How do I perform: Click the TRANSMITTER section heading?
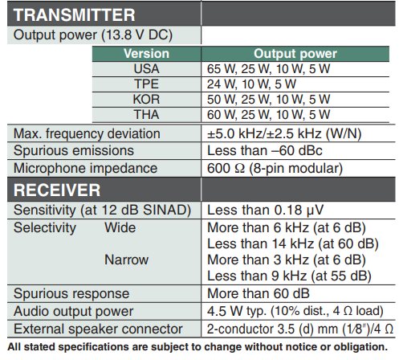(74, 14)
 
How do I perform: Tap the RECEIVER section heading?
(57, 190)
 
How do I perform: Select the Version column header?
(146, 54)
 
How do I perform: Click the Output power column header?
(295, 54)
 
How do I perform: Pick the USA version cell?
(146, 69)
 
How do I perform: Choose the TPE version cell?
(146, 84)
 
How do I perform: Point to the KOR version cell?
(146, 100)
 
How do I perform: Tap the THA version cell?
(146, 115)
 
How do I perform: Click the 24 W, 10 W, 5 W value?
(251, 84)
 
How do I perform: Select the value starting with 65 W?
(268, 69)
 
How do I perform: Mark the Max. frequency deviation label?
(87, 133)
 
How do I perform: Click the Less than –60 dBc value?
(265, 150)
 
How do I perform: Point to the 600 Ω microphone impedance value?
(275, 169)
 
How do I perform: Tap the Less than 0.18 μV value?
(266, 211)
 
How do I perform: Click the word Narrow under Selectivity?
(126, 260)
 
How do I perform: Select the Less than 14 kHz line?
(293, 244)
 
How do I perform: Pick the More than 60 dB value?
(259, 293)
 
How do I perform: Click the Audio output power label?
(73, 312)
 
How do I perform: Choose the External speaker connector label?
(98, 329)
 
